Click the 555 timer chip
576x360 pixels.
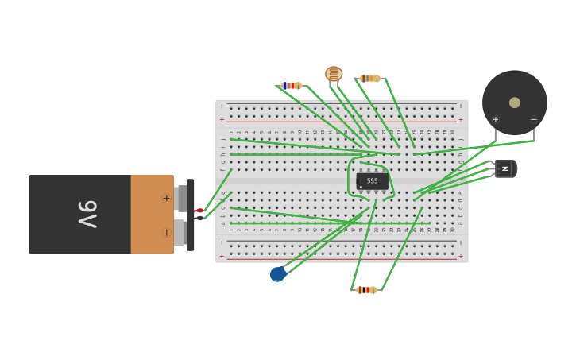(x=372, y=181)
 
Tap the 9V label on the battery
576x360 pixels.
(x=87, y=215)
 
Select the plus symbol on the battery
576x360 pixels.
(x=166, y=198)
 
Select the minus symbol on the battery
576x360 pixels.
(x=166, y=233)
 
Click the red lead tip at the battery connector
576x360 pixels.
(x=199, y=211)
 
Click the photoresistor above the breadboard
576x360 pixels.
(x=334, y=74)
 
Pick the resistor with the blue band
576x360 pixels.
(x=292, y=85)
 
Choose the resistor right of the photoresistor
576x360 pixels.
(x=369, y=78)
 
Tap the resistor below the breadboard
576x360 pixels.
(x=366, y=290)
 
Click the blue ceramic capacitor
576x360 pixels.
(x=277, y=273)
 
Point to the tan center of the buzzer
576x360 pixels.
(x=515, y=103)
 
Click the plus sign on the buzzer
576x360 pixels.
(x=496, y=120)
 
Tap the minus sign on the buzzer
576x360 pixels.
(x=533, y=120)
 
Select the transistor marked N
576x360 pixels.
(x=505, y=168)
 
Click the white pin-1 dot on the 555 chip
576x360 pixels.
(x=361, y=187)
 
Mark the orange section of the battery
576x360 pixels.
(x=151, y=215)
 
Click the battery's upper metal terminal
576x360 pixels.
(x=181, y=198)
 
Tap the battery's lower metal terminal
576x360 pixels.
(x=180, y=233)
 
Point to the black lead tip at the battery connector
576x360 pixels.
(x=199, y=218)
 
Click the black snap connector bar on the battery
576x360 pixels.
(x=191, y=215)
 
